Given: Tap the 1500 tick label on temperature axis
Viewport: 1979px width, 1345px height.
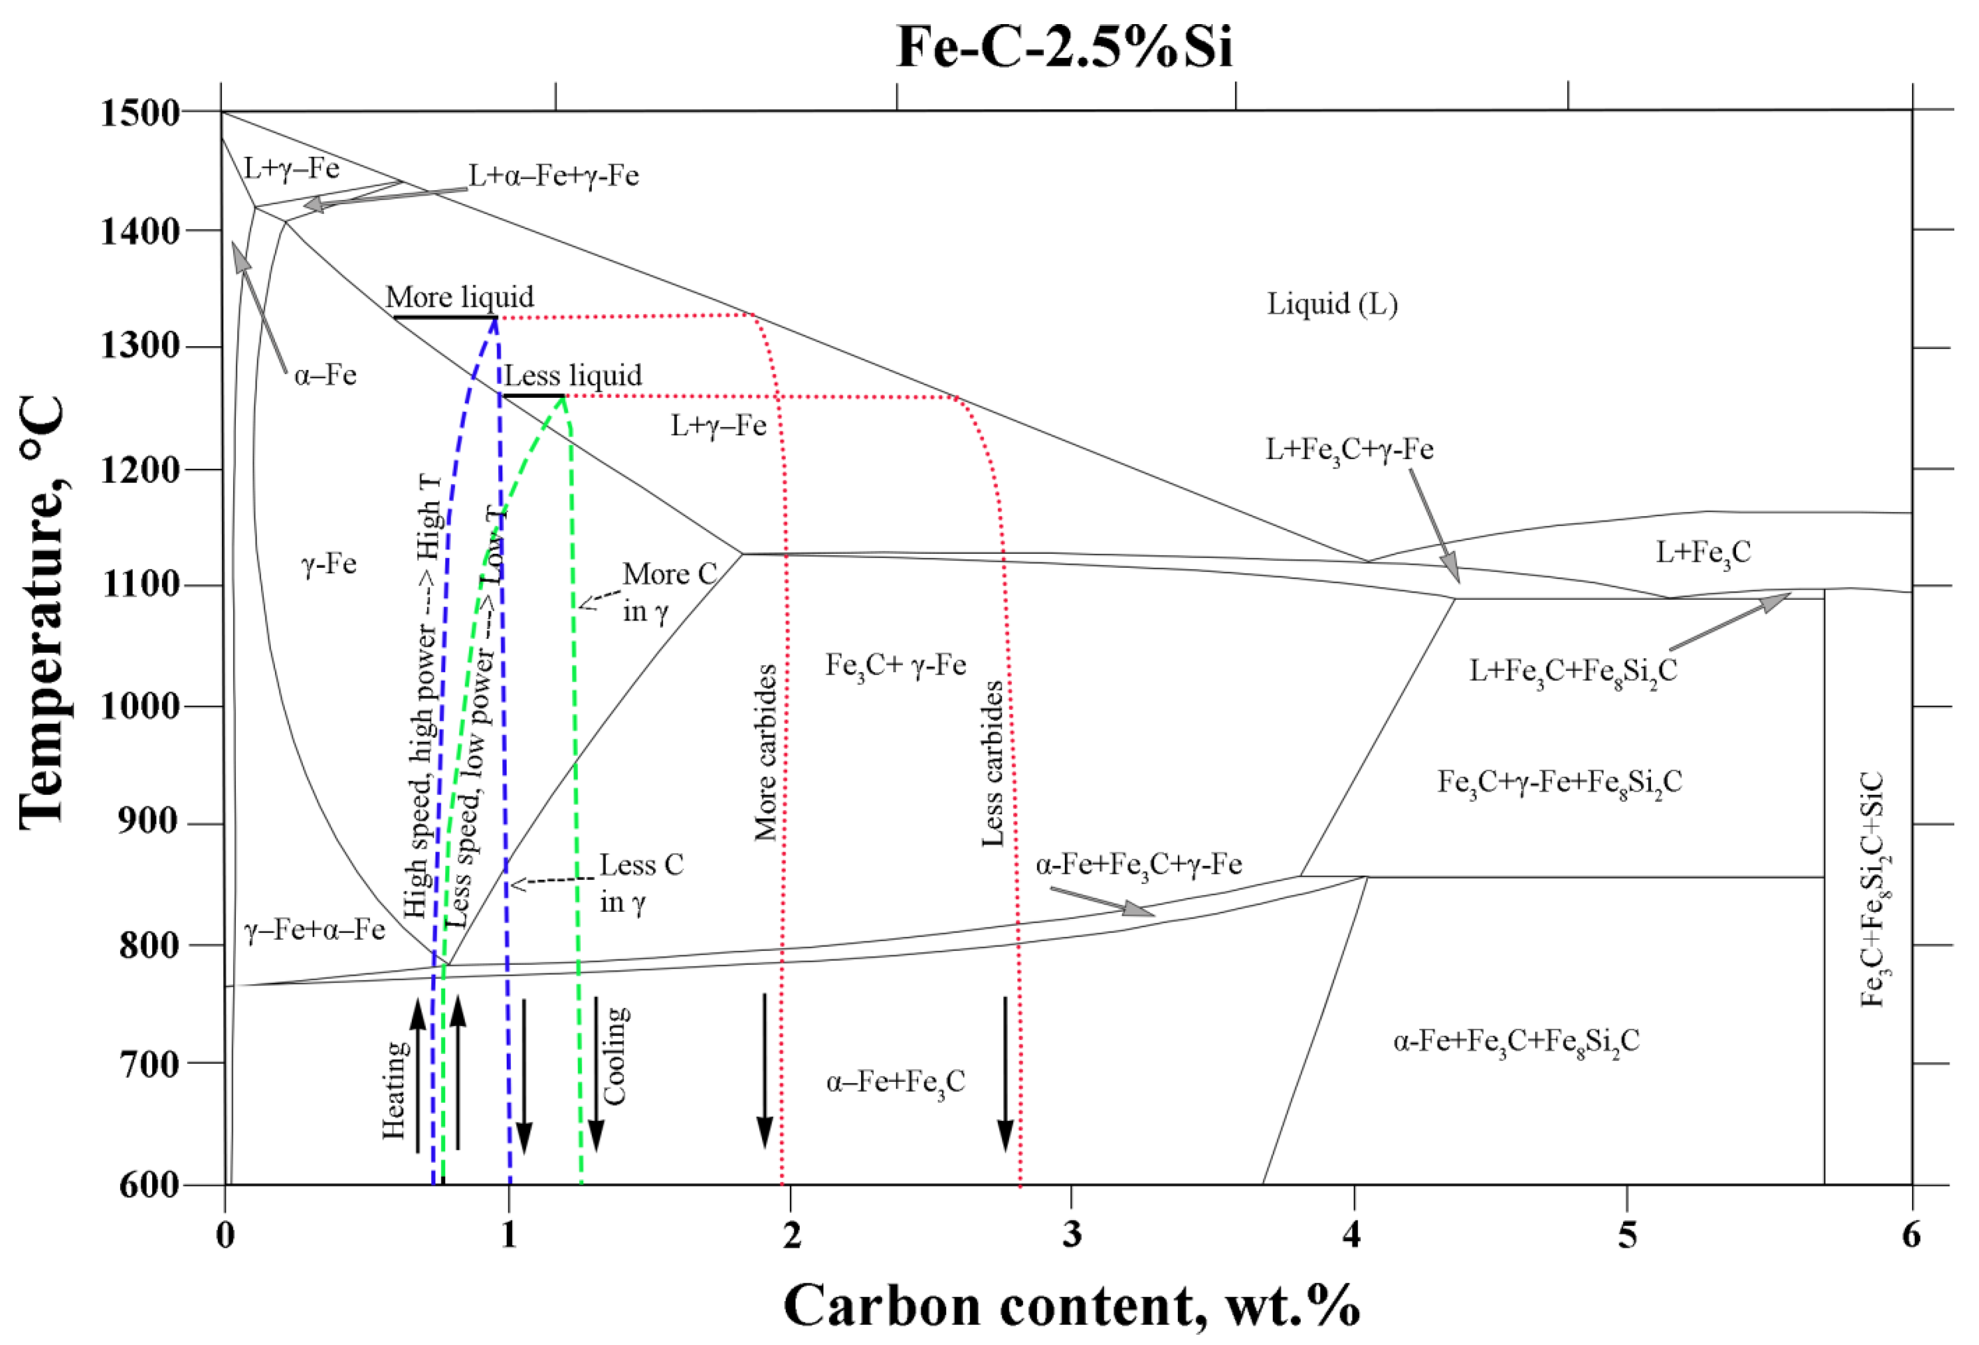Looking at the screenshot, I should coord(139,113).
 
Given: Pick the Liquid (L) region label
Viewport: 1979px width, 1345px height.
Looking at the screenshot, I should coord(1331,304).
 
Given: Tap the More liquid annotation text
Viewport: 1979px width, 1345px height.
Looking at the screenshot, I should coord(460,297).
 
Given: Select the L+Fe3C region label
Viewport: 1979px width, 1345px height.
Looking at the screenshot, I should coord(1702,553).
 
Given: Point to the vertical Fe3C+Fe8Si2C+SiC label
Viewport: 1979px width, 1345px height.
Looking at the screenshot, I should coord(1872,889).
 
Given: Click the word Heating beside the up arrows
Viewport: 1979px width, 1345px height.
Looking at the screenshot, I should coord(394,1090).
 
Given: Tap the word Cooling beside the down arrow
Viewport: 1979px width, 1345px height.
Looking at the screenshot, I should coord(616,1056).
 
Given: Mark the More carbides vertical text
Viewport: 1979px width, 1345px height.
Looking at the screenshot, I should coord(766,753).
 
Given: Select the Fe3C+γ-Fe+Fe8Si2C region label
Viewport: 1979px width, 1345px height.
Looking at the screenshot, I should coord(1559,782).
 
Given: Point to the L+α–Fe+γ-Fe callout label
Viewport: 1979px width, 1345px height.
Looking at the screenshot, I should coord(553,175).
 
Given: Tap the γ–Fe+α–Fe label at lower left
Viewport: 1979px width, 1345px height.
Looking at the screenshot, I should coord(314,930).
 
